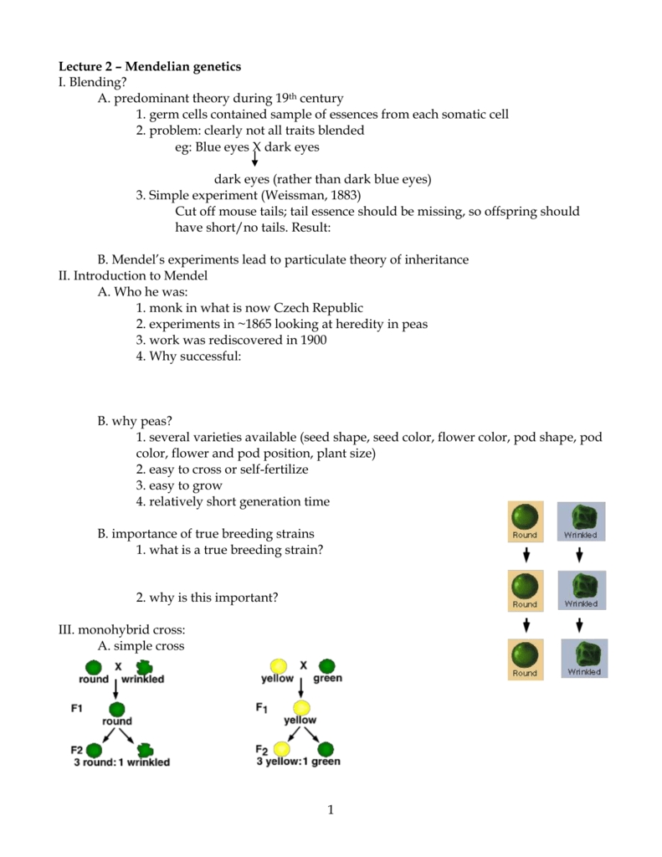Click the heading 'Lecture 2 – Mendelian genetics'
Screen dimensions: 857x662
(x=149, y=66)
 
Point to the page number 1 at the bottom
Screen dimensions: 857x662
(x=331, y=809)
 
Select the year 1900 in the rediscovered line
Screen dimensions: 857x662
(x=311, y=340)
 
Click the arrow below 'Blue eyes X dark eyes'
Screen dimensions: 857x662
(x=254, y=159)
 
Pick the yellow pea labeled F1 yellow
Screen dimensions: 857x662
(x=300, y=707)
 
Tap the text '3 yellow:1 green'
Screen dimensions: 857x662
(x=299, y=762)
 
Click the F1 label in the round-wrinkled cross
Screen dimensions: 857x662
(x=77, y=708)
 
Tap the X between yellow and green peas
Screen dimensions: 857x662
(x=304, y=665)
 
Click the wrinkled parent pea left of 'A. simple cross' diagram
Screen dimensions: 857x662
(x=145, y=666)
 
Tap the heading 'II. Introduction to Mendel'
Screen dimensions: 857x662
(x=132, y=275)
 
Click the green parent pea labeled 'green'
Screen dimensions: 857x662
(x=327, y=666)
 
